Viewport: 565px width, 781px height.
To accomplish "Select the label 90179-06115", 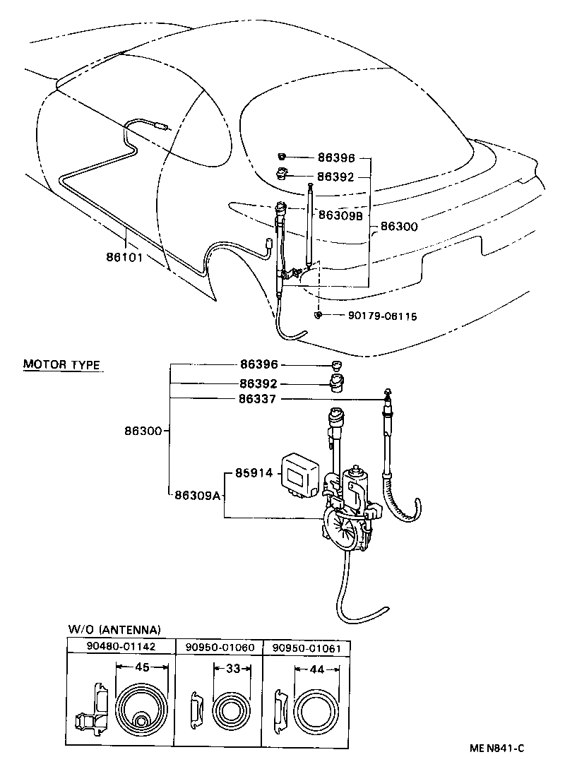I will pyautogui.click(x=381, y=316).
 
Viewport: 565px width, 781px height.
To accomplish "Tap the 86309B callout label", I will pyautogui.click(x=340, y=215).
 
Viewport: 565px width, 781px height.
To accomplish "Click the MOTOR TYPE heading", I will pyautogui.click(x=61, y=365).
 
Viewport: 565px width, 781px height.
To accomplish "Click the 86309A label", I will pyautogui.click(x=198, y=495).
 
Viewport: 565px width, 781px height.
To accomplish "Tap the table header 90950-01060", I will pyautogui.click(x=219, y=645).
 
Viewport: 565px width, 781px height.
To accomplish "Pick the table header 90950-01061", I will pyautogui.click(x=307, y=645).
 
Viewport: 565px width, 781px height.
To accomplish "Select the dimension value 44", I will pyautogui.click(x=316, y=669).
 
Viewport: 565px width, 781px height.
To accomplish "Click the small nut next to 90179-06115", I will pyautogui.click(x=320, y=315).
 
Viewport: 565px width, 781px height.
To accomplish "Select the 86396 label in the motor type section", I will pyautogui.click(x=259, y=364).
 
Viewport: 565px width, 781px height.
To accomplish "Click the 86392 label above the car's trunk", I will pyautogui.click(x=335, y=177).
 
